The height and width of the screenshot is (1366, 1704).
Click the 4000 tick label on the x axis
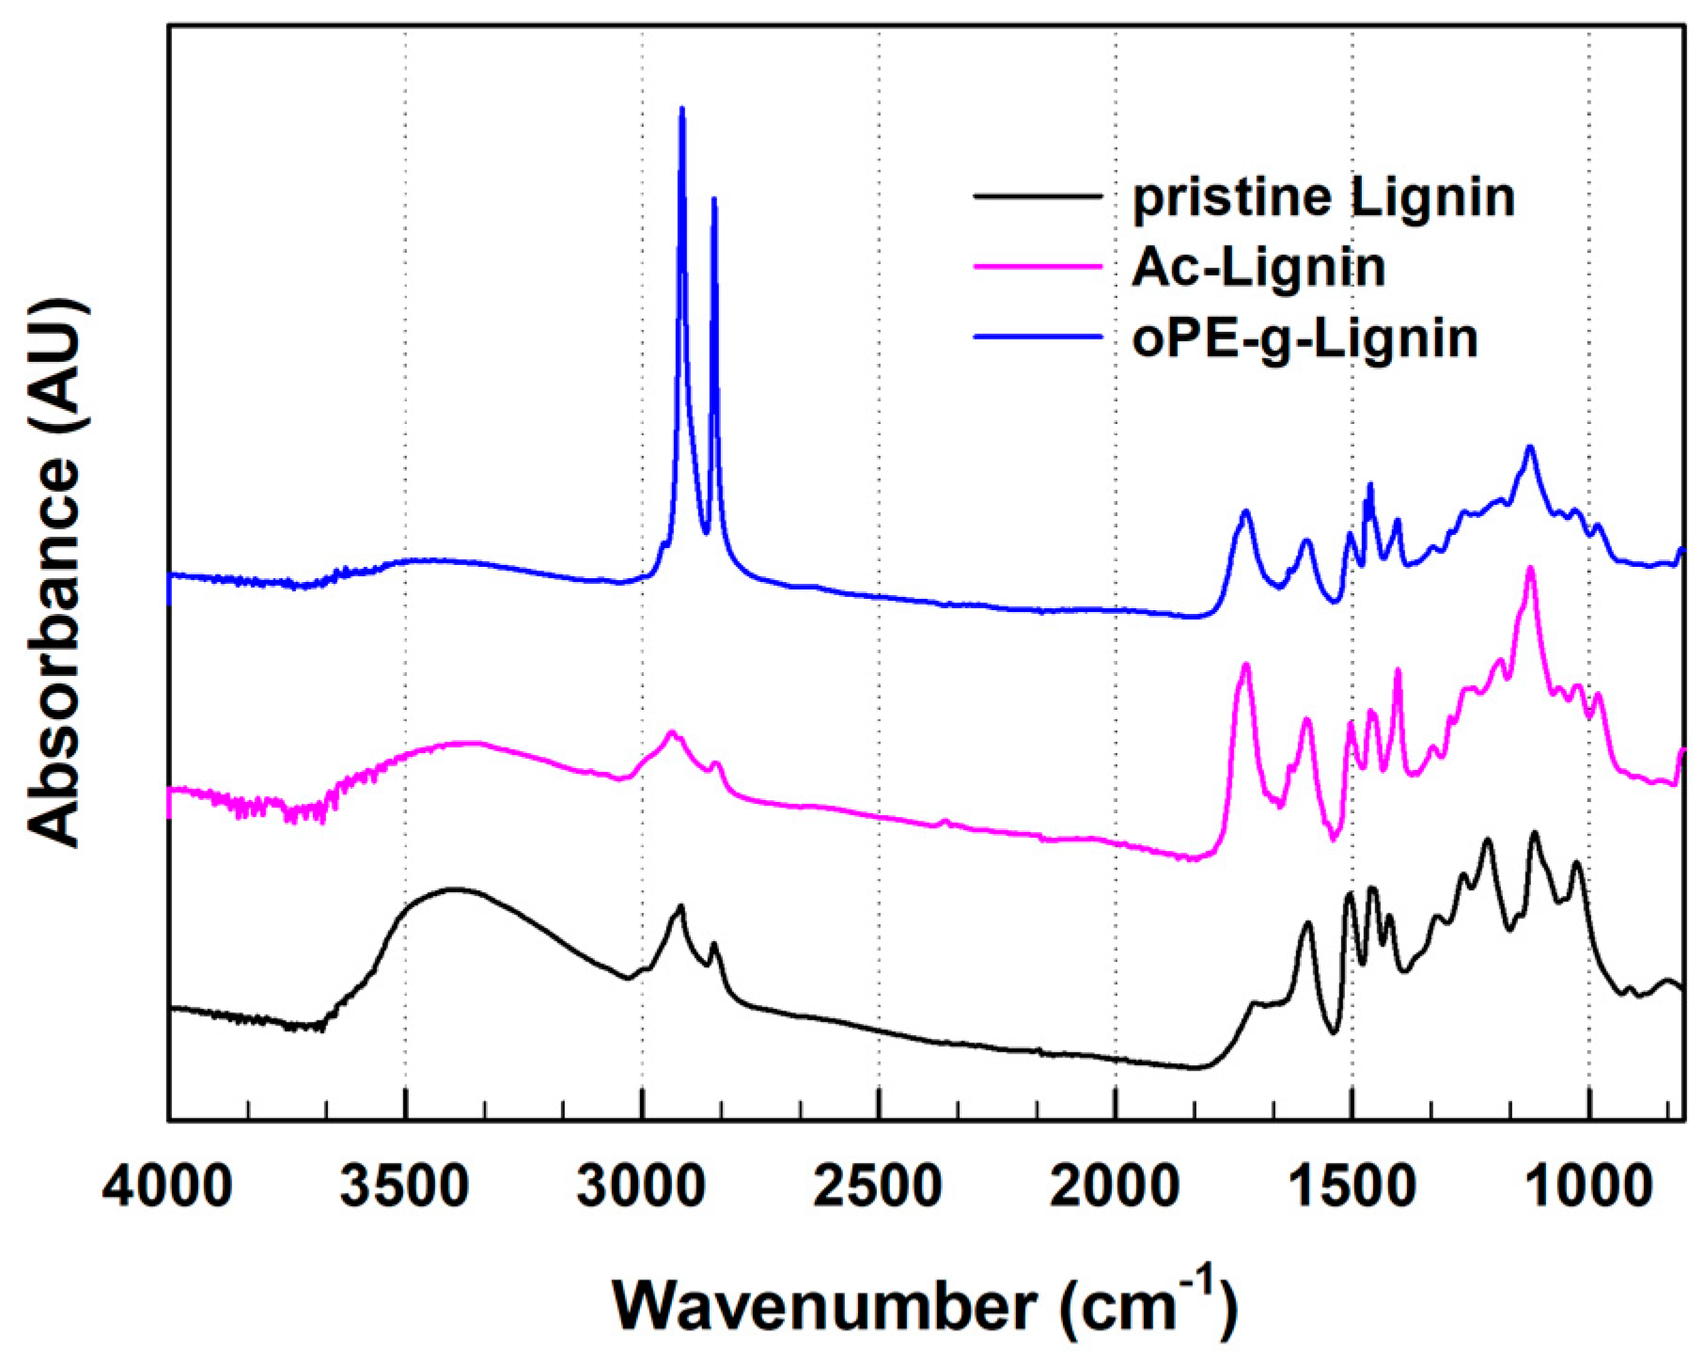point(167,1188)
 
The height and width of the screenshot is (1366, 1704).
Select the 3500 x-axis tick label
point(405,1188)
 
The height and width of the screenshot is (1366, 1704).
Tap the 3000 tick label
point(642,1188)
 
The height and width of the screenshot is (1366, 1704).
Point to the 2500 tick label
point(879,1188)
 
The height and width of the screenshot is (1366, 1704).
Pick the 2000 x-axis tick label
point(1116,1188)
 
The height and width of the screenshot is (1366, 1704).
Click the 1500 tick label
point(1352,1188)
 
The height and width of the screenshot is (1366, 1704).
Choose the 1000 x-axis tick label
point(1588,1188)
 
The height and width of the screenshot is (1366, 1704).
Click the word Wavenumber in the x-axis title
point(824,1306)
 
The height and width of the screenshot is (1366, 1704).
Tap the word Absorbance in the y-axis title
point(55,652)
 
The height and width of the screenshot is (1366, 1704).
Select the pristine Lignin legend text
point(1323,198)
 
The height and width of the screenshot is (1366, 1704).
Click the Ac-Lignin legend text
point(1258,268)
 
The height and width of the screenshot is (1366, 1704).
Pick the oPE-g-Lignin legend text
point(1305,338)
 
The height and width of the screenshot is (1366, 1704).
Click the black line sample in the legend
point(1037,196)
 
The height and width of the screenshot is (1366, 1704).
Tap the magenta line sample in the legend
point(1037,267)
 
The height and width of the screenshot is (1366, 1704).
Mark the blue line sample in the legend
point(1037,337)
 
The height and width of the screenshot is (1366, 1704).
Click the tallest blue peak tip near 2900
point(681,109)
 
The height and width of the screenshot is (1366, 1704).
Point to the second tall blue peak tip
point(714,198)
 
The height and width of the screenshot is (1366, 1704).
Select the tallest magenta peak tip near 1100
point(1530,568)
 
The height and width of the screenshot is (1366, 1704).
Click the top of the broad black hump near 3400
point(454,888)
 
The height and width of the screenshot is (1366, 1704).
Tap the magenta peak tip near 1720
point(1246,665)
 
